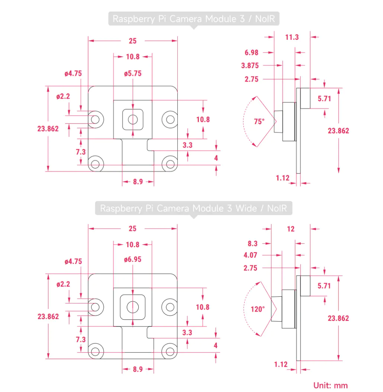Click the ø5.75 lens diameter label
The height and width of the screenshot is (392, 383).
coord(133,73)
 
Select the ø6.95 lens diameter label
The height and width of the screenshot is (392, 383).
coord(133,259)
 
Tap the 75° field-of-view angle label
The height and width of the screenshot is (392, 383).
coord(259,121)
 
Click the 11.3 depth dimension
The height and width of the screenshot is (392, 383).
coord(292,37)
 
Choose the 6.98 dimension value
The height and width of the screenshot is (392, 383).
coord(251,52)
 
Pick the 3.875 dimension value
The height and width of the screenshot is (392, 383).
coord(250,66)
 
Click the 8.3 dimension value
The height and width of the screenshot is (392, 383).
coord(252,243)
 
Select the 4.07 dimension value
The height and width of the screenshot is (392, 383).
coord(250,255)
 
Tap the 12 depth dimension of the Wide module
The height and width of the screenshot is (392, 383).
coord(291,229)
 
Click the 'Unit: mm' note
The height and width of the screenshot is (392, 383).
coord(331,385)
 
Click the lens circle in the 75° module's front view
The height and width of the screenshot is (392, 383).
coord(133,119)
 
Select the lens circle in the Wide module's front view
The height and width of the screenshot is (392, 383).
coord(132,307)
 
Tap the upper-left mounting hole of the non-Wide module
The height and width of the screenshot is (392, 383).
coord(96,119)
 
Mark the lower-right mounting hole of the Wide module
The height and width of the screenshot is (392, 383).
coord(170,351)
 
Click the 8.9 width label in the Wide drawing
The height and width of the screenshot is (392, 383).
coord(138,369)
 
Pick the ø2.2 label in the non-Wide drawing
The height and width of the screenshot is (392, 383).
coord(63,96)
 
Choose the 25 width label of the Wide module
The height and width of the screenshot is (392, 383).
coord(133,229)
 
